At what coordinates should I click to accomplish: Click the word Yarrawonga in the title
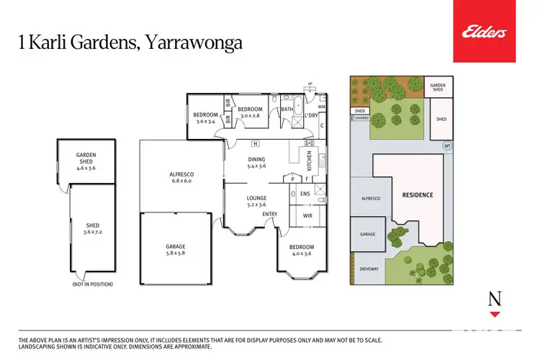(x=195, y=42)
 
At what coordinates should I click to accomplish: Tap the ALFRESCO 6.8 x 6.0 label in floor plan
(x=181, y=178)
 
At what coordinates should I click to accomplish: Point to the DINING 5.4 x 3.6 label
(x=256, y=163)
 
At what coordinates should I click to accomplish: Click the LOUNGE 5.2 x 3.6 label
(x=256, y=202)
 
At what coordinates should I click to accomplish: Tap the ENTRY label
(x=270, y=214)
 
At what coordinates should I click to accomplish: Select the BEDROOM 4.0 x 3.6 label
(x=302, y=251)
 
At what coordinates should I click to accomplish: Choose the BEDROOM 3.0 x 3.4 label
(x=205, y=118)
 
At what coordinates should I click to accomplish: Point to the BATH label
(x=287, y=110)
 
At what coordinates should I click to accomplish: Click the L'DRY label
(x=311, y=115)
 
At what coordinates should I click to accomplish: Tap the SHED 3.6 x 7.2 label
(x=91, y=228)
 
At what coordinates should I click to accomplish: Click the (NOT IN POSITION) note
(x=92, y=284)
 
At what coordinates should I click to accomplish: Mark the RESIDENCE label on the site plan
(x=418, y=195)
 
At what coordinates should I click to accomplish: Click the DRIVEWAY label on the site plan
(x=368, y=269)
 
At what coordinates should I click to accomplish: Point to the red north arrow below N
(x=494, y=315)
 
